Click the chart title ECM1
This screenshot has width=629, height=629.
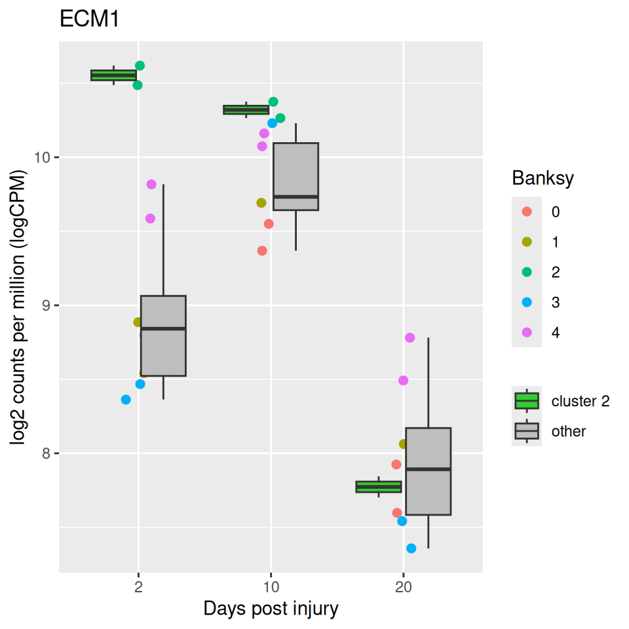(89, 20)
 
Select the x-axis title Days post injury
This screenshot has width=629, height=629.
(271, 609)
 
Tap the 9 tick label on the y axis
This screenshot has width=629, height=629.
(47, 306)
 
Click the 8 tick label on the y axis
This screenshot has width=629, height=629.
(47, 454)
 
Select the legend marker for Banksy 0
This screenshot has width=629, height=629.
(527, 212)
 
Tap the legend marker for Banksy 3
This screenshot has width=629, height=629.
(527, 302)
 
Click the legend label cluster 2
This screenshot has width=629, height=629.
(581, 401)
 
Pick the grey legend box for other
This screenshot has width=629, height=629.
(527, 431)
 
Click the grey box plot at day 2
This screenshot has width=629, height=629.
(163, 335)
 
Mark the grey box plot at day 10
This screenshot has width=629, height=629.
(295, 176)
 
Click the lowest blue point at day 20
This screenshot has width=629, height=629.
(411, 548)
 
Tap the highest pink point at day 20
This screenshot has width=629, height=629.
(410, 338)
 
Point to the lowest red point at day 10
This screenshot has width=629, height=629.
(262, 251)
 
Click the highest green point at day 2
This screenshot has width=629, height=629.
(140, 66)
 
